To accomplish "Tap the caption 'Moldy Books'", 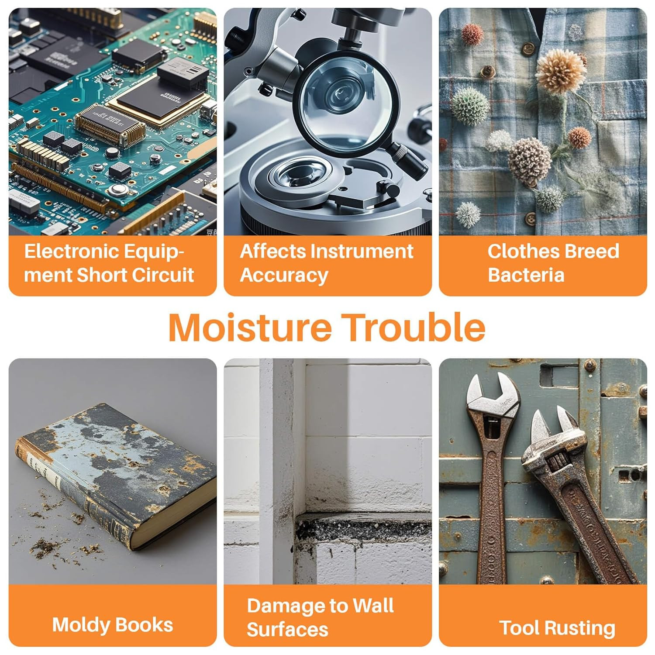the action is [113, 625].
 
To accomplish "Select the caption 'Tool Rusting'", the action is [557, 628].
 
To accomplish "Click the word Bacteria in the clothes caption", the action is [526, 275].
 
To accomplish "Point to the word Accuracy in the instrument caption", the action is [284, 276].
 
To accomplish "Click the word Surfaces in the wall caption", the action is [287, 630].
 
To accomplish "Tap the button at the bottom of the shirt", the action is [531, 218].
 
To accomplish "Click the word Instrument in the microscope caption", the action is [363, 251].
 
